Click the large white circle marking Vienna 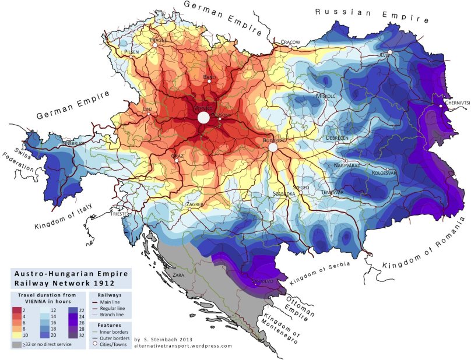tap(203, 118)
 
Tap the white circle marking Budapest tap(273, 148)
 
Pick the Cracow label tap(290, 42)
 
